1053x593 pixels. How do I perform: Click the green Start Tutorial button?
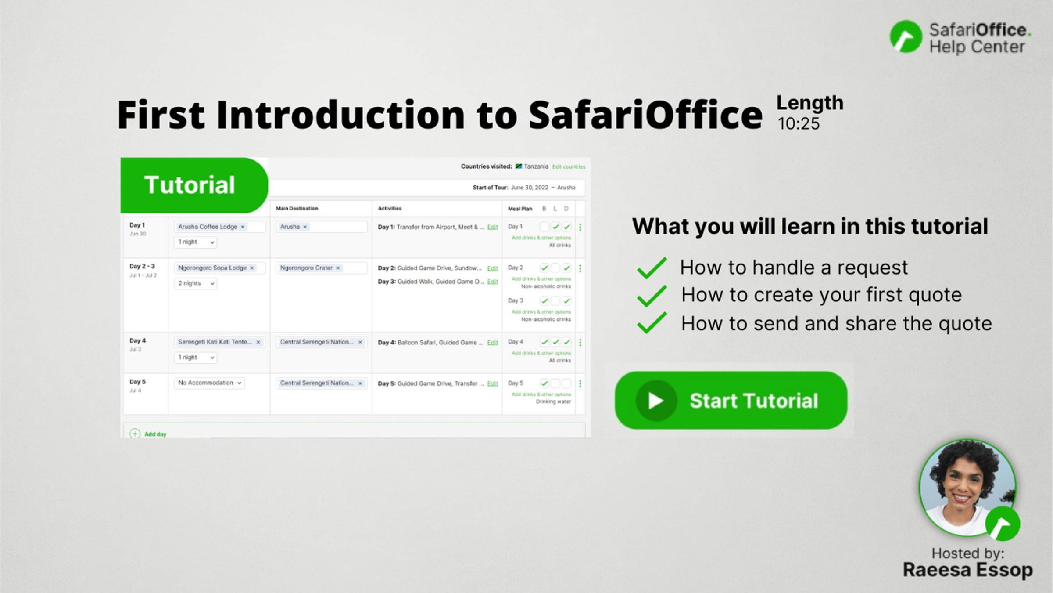731,400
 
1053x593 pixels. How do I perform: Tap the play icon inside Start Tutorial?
655,400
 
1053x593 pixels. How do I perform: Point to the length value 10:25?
799,124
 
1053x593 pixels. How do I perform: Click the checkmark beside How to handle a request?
652,268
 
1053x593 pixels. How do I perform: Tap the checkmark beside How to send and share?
652,323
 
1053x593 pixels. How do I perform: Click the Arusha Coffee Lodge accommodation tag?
208,227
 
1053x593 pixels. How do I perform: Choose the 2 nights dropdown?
196,283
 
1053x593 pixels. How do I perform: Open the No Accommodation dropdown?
209,383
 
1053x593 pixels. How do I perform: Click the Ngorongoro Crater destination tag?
306,268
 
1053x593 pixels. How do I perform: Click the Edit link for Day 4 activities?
492,343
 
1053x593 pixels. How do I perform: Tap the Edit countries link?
569,167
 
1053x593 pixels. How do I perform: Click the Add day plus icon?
135,434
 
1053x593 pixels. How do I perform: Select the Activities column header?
390,209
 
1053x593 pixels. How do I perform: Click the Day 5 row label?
137,382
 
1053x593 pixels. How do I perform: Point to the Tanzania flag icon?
519,166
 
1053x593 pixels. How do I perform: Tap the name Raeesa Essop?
967,570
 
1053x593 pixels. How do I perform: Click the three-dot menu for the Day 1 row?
580,227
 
